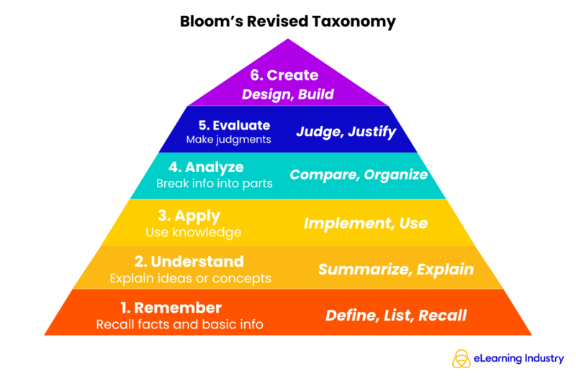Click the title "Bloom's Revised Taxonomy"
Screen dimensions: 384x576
coord(287,22)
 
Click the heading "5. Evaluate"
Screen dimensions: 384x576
coord(235,125)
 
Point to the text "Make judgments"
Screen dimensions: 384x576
coord(228,140)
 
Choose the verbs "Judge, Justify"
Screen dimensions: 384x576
coord(346,132)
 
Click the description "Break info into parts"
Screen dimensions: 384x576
coord(214,184)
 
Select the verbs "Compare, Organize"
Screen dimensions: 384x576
coord(359,175)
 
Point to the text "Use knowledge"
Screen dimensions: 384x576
coord(193,232)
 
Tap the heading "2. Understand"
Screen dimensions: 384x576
coord(190,262)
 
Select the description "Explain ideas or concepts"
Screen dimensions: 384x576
coord(190,278)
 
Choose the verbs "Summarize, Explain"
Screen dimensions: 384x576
coord(396,269)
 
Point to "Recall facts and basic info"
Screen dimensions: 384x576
coord(179,324)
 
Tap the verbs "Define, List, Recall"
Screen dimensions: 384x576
coord(396,316)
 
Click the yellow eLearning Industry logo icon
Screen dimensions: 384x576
coord(462,359)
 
